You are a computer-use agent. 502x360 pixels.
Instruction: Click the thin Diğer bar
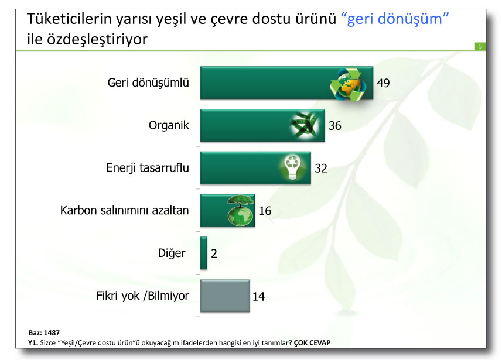point(204,253)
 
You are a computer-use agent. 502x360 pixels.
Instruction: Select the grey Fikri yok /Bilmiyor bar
point(225,296)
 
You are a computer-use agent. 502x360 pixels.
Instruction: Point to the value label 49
point(383,83)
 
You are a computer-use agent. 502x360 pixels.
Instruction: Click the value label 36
point(335,126)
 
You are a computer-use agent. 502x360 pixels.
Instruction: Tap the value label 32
point(320,169)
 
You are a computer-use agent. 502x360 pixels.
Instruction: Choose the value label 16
point(265,211)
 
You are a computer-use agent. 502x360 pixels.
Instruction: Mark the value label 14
point(258,297)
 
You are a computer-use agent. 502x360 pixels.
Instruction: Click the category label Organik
point(169,125)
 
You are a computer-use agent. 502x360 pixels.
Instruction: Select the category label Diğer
point(172,253)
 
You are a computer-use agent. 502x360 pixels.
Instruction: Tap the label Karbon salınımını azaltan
point(125,210)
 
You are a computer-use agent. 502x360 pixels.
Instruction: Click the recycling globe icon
point(349,83)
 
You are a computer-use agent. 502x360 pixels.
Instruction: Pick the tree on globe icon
point(239,210)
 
